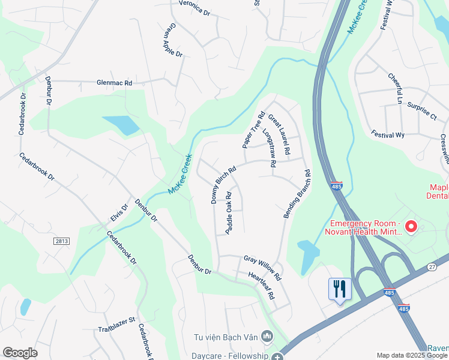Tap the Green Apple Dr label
(x=172, y=40)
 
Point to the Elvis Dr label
(x=119, y=215)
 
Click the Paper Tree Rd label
(x=253, y=130)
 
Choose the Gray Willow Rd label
(x=262, y=267)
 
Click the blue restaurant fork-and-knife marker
(x=339, y=290)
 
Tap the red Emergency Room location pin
(x=411, y=226)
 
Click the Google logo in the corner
(x=20, y=353)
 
